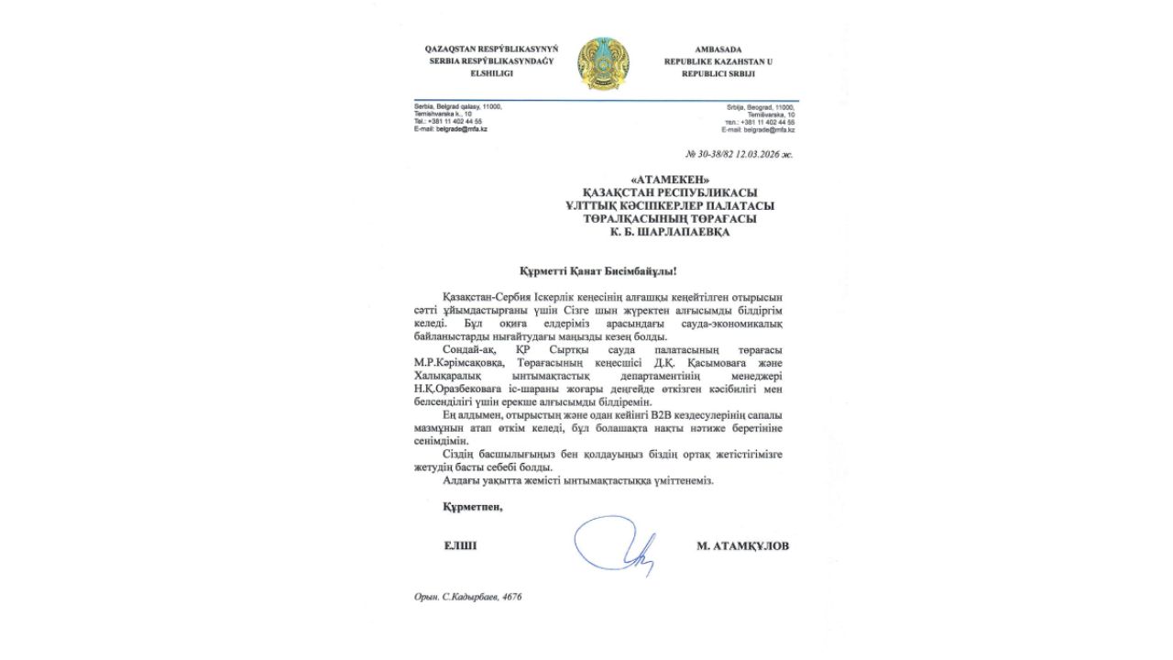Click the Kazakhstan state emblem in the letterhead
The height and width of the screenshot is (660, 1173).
[603, 63]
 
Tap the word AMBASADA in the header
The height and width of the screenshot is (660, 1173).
[718, 48]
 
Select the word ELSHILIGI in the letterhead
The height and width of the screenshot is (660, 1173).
[491, 72]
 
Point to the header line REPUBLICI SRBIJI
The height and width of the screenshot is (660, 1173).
[718, 72]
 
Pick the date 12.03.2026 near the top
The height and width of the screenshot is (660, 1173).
[763, 154]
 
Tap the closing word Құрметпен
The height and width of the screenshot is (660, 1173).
[473, 506]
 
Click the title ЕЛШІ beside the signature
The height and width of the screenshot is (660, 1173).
[460, 545]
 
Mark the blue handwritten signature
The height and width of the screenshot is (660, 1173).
[616, 545]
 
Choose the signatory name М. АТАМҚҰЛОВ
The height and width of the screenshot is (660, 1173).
[742, 545]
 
